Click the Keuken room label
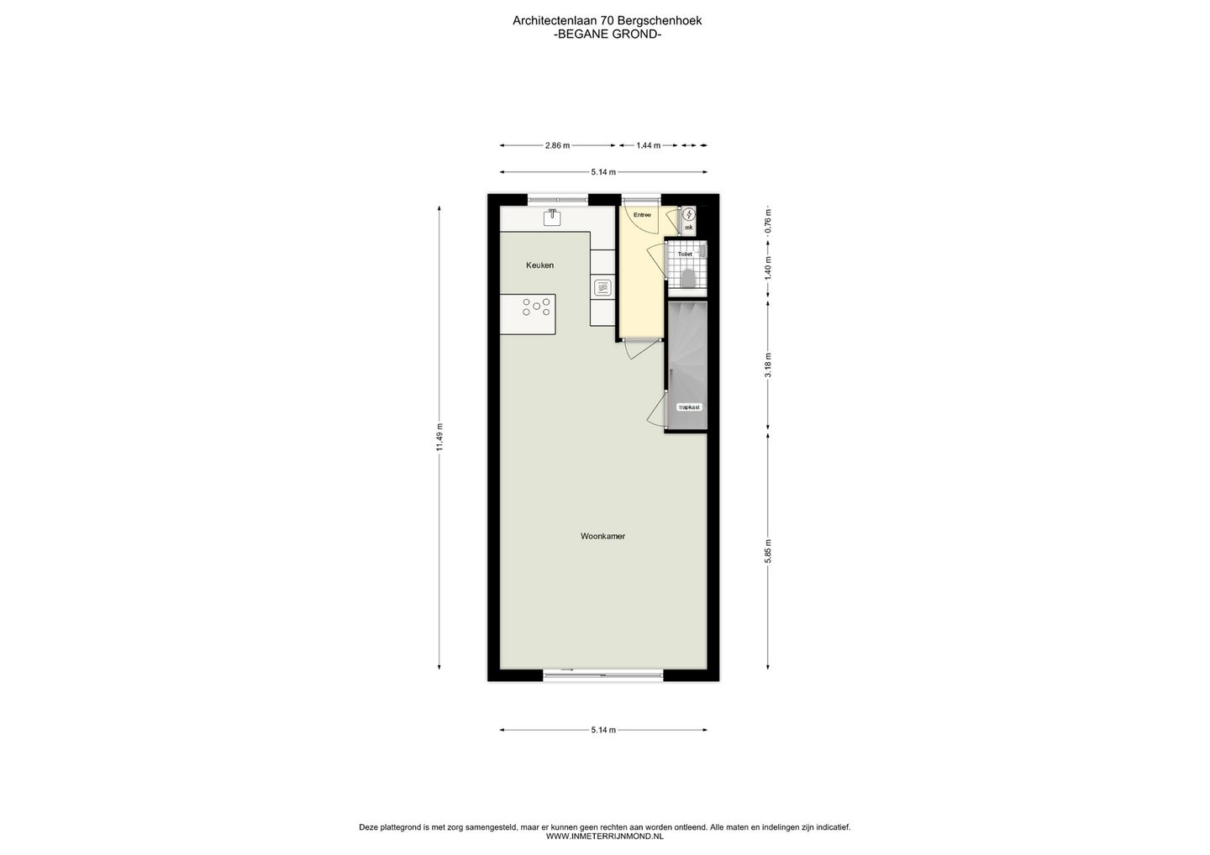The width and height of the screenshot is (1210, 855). [539, 265]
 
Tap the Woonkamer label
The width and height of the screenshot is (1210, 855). [602, 536]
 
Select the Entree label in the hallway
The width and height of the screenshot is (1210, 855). [642, 215]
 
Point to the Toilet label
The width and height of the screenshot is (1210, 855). [684, 254]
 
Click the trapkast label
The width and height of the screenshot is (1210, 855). [689, 407]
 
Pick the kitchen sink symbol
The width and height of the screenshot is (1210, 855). [552, 217]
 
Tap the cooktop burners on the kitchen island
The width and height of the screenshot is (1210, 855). [536, 307]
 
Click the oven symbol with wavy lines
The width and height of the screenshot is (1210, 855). [602, 288]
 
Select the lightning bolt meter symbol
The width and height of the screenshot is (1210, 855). [689, 214]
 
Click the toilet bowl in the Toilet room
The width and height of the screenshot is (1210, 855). [688, 277]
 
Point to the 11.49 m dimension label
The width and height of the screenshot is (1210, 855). [439, 437]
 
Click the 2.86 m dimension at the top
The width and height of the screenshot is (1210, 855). [557, 145]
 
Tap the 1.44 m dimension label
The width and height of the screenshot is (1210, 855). [648, 145]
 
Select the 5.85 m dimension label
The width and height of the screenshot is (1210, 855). [768, 552]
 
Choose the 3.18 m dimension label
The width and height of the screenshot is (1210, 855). [768, 365]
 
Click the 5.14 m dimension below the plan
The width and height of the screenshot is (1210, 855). [603, 730]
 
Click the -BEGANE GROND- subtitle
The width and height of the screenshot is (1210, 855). [608, 34]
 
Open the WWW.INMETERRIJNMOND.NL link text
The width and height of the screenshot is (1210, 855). [604, 837]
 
